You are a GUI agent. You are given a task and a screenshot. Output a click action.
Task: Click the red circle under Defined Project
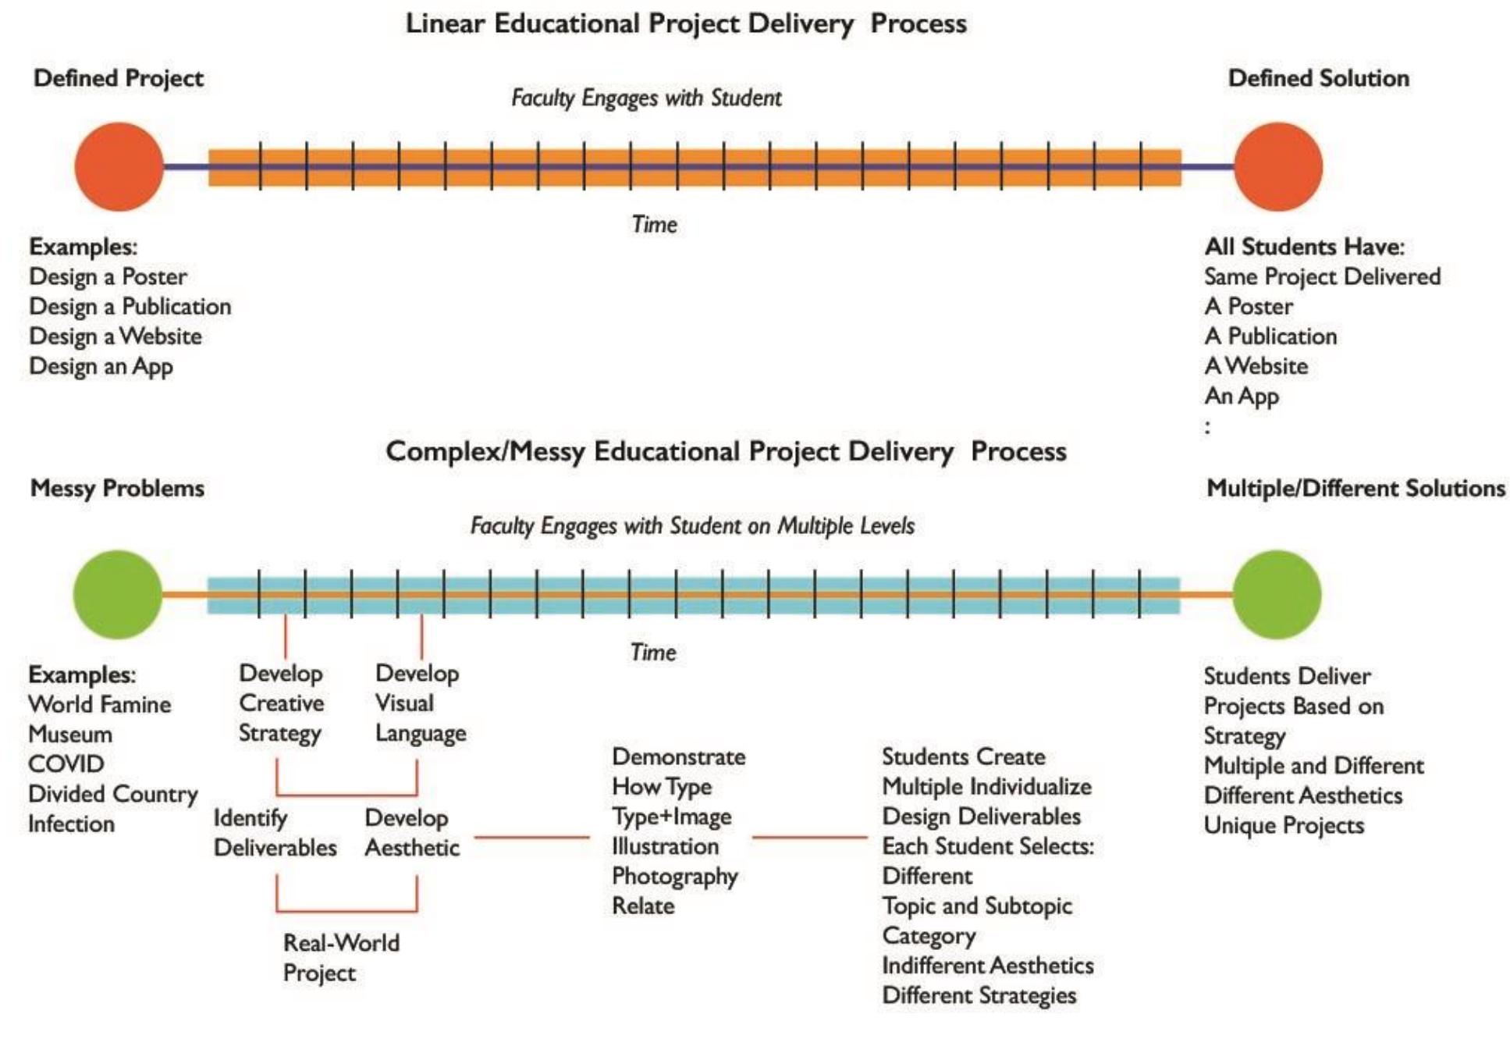119,166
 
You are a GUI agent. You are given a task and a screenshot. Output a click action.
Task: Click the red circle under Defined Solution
1277,166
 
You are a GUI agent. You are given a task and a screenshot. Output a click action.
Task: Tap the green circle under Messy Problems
118,594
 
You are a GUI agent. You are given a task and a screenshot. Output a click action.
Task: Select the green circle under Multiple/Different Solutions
1277,594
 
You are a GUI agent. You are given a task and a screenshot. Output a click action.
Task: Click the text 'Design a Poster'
108,276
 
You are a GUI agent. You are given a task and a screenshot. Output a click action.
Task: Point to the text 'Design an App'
101,366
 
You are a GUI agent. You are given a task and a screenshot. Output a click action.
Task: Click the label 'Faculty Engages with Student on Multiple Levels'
692,525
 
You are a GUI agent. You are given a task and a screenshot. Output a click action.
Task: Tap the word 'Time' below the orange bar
654,225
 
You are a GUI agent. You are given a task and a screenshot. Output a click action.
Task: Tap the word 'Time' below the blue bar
653,652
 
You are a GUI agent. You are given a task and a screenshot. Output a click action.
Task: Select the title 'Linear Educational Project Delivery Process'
686,23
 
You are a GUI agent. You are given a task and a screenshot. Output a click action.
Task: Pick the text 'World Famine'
100,704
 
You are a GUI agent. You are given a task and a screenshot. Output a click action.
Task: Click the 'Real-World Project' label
340,958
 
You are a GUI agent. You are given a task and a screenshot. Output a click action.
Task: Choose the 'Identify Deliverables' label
275,832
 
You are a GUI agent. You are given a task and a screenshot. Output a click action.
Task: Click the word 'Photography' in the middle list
674,877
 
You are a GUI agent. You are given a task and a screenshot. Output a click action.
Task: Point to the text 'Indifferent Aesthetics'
987,966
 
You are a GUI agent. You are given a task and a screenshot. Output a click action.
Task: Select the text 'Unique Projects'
1284,825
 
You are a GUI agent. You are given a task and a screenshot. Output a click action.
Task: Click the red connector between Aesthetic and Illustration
531,838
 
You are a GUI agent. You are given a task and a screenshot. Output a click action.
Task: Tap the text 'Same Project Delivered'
1322,276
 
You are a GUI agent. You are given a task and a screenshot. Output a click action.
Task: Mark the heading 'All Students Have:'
1304,247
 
